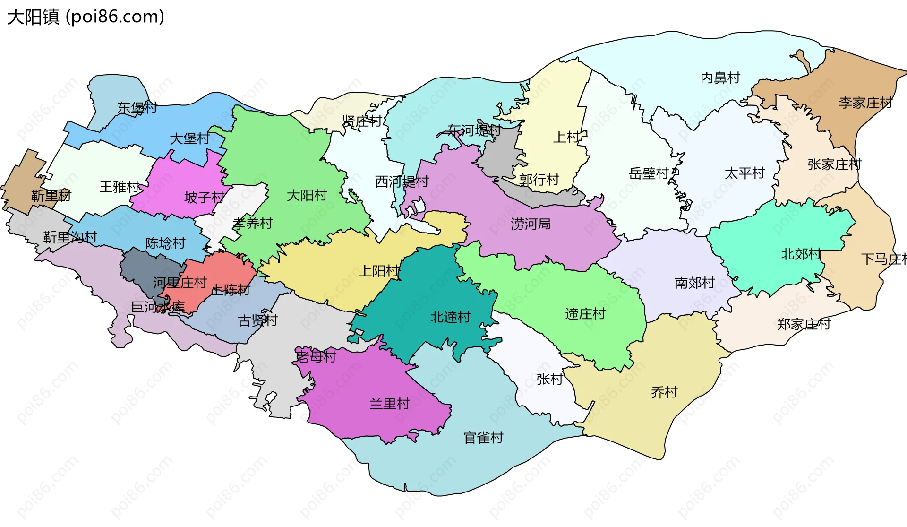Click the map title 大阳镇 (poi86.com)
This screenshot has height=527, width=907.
(86, 17)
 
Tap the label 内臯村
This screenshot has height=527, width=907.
(720, 78)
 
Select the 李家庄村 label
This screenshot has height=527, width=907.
(865, 103)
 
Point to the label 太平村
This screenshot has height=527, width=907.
(744, 173)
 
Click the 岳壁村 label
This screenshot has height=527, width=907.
(649, 173)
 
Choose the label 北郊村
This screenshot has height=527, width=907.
(801, 254)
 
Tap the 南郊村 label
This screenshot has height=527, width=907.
(694, 283)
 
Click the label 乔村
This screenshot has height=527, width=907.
(664, 392)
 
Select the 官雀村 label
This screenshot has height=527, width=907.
(483, 438)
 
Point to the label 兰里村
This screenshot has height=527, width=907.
(389, 404)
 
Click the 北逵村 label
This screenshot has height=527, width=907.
(450, 317)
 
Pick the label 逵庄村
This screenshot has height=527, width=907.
(585, 314)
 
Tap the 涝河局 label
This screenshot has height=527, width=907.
(531, 224)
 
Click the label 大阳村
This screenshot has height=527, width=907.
(307, 195)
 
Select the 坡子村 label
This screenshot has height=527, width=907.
(204, 197)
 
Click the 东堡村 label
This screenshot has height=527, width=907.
(137, 108)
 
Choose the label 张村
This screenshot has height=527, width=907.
(549, 379)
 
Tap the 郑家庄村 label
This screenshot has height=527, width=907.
(804, 324)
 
